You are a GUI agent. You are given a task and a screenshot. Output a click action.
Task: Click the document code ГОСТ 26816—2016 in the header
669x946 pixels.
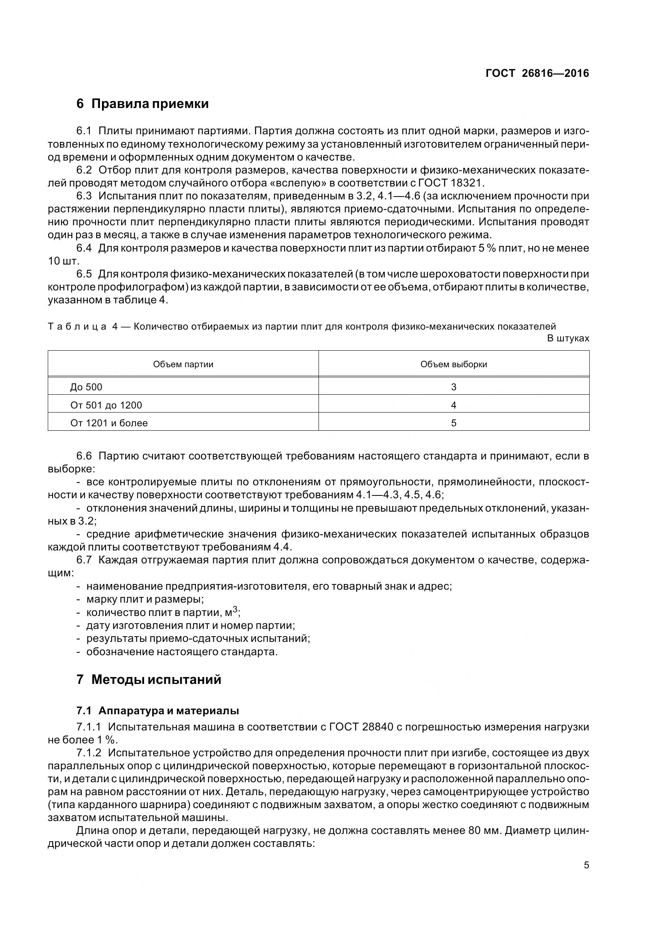537,73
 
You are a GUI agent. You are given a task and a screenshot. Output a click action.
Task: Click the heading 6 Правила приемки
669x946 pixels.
142,104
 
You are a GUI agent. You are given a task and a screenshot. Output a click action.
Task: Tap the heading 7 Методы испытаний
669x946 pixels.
149,679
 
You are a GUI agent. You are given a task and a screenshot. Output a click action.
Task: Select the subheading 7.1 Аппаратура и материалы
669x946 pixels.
158,710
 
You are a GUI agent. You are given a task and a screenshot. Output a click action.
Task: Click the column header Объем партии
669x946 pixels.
183,364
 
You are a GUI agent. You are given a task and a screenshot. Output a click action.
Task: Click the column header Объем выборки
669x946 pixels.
453,364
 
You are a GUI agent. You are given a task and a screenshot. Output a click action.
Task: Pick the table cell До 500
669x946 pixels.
86,387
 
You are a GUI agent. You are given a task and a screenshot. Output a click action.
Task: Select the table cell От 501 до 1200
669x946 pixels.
106,405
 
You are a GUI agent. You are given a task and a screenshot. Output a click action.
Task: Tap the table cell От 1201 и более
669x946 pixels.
109,423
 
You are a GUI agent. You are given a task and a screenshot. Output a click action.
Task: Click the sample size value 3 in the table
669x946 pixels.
453,387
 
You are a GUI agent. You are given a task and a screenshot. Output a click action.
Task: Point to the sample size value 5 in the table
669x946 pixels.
453,423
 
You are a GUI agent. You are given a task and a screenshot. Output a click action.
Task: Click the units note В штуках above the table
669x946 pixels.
567,339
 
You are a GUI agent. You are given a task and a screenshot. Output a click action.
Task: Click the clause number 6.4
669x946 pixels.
84,248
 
